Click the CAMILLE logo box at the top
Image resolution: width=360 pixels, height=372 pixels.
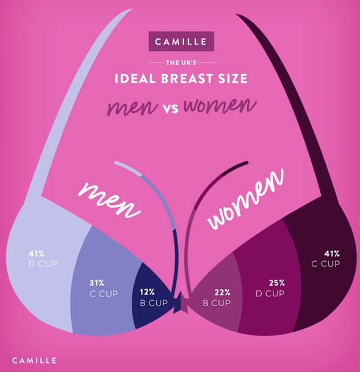[181, 43]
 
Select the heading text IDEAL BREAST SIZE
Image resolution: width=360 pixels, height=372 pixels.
[180, 78]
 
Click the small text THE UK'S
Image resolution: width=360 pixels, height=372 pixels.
[181, 62]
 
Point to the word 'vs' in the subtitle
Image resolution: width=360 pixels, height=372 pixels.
[171, 108]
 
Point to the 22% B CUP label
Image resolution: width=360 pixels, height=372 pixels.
[217, 298]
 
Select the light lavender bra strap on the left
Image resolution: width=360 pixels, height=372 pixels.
[73, 104]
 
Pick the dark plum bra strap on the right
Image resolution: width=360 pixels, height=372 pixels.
[287, 104]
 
